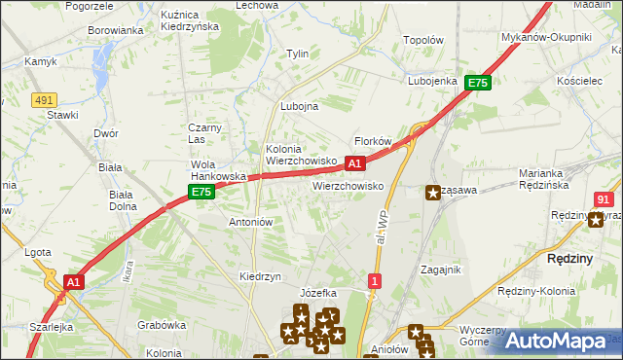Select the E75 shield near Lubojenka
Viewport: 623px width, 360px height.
click(477, 84)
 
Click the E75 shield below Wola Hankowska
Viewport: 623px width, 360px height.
click(202, 193)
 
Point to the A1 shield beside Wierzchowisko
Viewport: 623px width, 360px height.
click(355, 164)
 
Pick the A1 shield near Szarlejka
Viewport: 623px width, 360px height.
click(73, 282)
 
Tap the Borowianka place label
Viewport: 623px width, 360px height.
click(116, 30)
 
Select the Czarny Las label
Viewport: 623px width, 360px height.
click(206, 133)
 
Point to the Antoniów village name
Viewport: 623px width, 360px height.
click(249, 222)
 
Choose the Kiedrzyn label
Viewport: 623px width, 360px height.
click(260, 276)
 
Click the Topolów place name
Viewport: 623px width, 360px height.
click(423, 41)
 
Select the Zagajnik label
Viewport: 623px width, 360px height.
click(440, 270)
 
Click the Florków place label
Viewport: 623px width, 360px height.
click(373, 141)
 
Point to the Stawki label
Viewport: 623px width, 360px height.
click(62, 114)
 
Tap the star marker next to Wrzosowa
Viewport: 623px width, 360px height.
click(432, 193)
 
